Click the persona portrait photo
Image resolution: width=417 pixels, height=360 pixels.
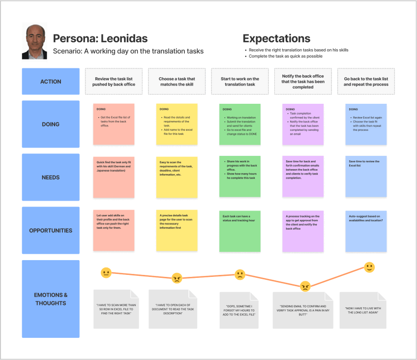[34, 42]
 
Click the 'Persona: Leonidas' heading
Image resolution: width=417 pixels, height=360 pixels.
[100, 38]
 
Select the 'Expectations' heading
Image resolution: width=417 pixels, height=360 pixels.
[276, 38]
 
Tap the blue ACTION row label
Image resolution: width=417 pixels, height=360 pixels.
[51, 82]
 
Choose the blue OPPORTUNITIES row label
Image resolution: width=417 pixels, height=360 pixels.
[51, 230]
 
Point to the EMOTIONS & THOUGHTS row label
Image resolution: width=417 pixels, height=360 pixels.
[51, 299]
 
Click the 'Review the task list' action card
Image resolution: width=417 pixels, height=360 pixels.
[114, 82]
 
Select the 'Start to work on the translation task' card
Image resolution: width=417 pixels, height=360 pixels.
[240, 82]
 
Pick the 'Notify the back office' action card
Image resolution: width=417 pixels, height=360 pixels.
[303, 82]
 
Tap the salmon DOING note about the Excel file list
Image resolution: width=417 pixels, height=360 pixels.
[114, 124]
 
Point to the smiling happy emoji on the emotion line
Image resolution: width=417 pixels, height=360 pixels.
[369, 267]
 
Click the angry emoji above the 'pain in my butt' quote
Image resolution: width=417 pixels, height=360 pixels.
[305, 286]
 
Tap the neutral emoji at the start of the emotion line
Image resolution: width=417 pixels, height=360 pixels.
[106, 272]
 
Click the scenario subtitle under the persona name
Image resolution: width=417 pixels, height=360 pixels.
[128, 51]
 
